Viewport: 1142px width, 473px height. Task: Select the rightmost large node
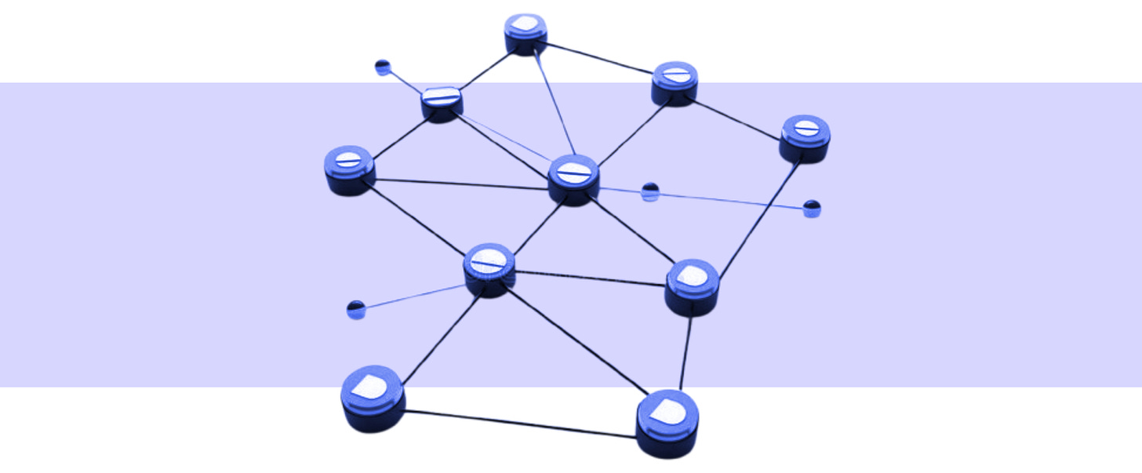[805, 137]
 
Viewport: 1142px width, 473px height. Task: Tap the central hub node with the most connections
[574, 178]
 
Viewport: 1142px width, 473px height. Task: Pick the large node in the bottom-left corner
[373, 397]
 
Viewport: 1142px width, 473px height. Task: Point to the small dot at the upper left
[383, 67]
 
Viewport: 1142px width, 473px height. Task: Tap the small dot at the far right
[812, 209]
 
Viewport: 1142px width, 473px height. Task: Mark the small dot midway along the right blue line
[650, 191]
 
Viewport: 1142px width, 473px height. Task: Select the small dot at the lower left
[356, 309]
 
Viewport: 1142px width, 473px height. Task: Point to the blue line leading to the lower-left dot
[412, 297]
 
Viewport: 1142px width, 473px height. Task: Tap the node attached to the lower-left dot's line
[489, 268]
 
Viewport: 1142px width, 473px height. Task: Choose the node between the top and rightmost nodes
[675, 82]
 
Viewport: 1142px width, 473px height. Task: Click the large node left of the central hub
[349, 169]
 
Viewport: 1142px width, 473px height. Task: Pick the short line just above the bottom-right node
[686, 353]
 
